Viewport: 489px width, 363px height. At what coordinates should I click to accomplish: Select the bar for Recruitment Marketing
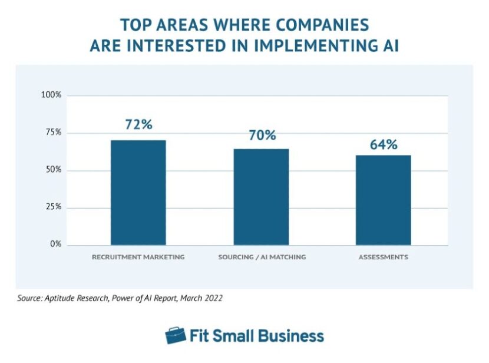(x=138, y=192)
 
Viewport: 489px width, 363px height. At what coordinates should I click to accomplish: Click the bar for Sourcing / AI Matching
(x=261, y=197)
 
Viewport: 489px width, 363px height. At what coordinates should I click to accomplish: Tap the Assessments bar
(x=384, y=200)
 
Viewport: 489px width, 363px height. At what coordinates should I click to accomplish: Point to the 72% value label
(x=138, y=124)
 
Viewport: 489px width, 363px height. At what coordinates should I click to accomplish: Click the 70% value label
(x=262, y=135)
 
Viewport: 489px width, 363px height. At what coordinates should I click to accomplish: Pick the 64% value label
(x=384, y=144)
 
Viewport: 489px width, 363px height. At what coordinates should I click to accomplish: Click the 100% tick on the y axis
(x=51, y=95)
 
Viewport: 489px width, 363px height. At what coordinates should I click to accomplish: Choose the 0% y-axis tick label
(x=55, y=244)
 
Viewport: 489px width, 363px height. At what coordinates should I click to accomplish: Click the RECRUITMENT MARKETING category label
(x=138, y=258)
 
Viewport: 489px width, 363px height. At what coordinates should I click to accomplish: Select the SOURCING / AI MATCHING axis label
(x=262, y=258)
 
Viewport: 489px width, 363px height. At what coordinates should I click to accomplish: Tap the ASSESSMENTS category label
(x=384, y=258)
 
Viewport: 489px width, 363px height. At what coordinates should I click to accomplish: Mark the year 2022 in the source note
(x=213, y=298)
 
